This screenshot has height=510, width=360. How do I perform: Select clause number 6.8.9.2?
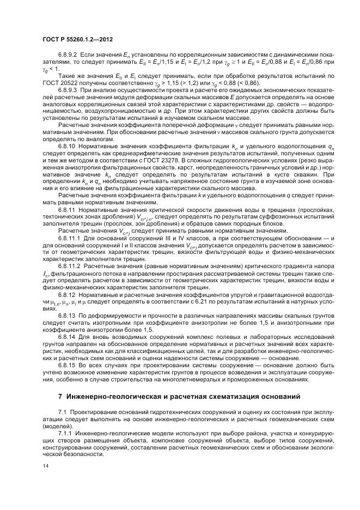68,56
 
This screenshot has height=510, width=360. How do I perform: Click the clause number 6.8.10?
66,147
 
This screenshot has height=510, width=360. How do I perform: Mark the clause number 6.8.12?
66,294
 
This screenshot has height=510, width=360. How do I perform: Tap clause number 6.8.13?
66,315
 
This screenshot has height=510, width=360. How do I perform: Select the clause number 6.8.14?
66,337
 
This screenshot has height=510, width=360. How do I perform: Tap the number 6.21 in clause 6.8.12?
205,301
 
